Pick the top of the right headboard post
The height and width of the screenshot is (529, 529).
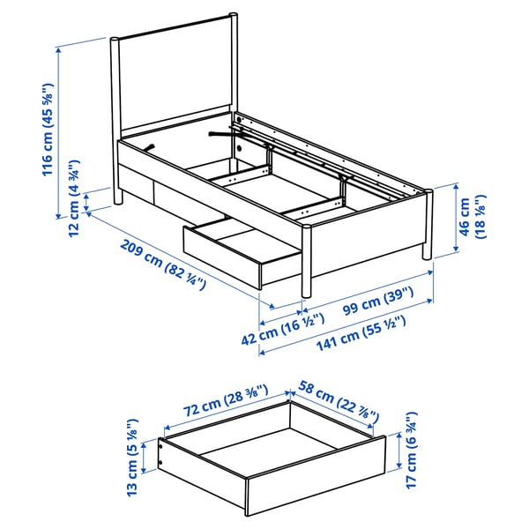coord(234,14)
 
